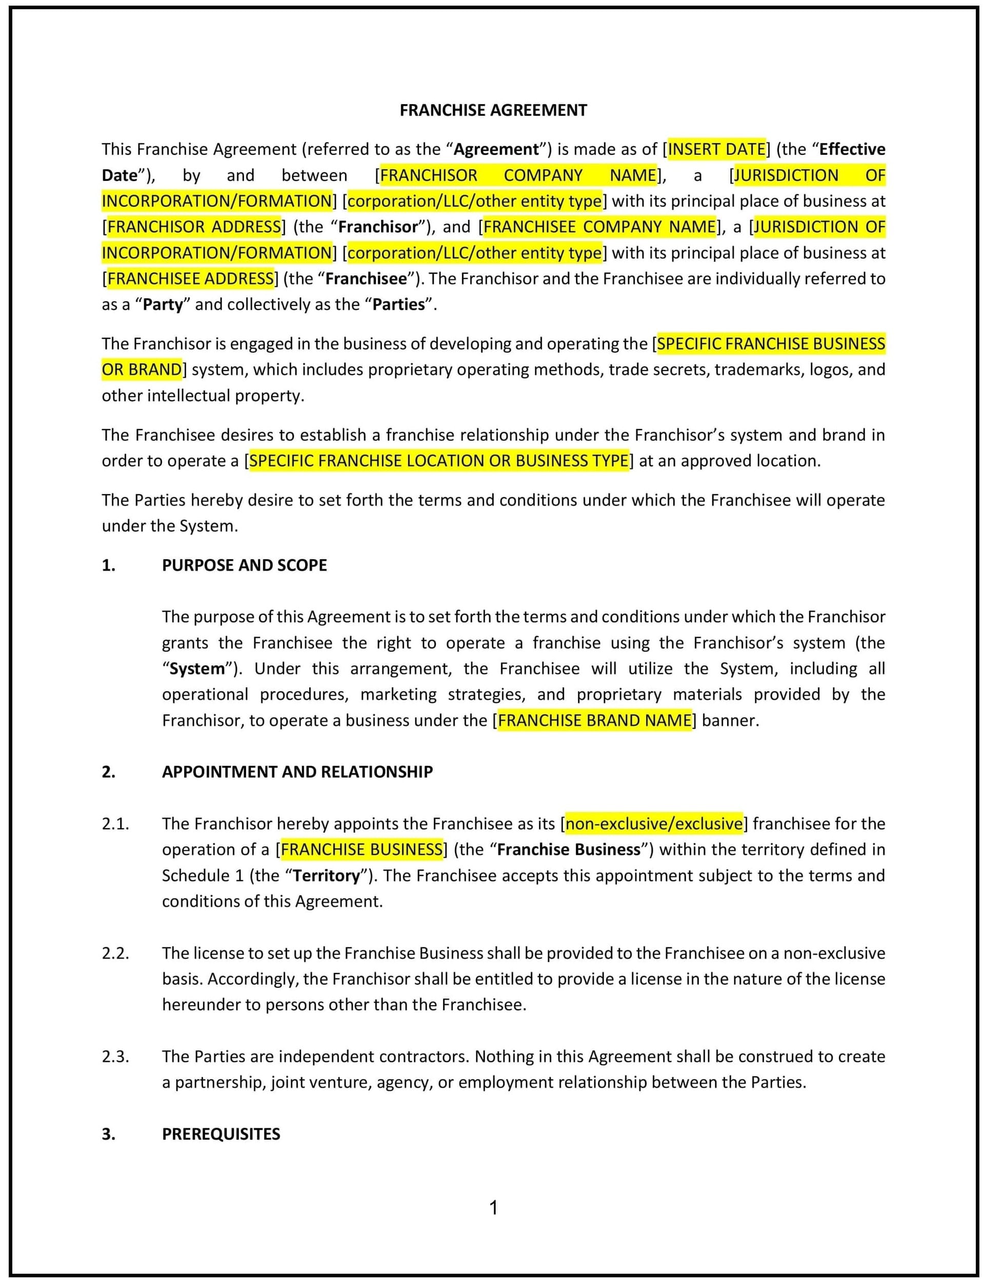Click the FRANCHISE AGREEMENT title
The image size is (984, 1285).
pyautogui.click(x=493, y=110)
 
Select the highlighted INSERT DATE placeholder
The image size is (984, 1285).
pyautogui.click(x=716, y=149)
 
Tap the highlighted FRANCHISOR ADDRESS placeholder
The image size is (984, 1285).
pyautogui.click(x=194, y=227)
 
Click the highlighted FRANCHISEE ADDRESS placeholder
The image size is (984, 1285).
pyautogui.click(x=190, y=279)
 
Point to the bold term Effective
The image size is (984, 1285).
pyautogui.click(x=852, y=149)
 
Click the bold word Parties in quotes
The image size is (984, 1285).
pyautogui.click(x=398, y=304)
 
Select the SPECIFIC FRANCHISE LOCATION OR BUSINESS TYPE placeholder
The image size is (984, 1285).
pyautogui.click(x=439, y=461)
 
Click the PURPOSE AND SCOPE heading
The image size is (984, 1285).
pyautogui.click(x=244, y=565)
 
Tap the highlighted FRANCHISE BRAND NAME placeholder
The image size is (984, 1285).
pyautogui.click(x=594, y=720)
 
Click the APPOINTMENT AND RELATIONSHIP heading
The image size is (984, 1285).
pyautogui.click(x=297, y=771)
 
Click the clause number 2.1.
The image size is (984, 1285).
pyautogui.click(x=115, y=824)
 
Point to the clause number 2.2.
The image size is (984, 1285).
pyautogui.click(x=115, y=953)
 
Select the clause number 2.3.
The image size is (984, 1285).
pyautogui.click(x=115, y=1057)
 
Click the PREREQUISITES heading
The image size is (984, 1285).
pyautogui.click(x=221, y=1134)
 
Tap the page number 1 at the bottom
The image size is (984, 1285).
pyautogui.click(x=493, y=1208)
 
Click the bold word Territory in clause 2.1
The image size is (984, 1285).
pyautogui.click(x=326, y=876)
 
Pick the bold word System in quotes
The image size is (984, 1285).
pyautogui.click(x=197, y=668)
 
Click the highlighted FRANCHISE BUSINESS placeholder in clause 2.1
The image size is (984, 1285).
pyautogui.click(x=362, y=849)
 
